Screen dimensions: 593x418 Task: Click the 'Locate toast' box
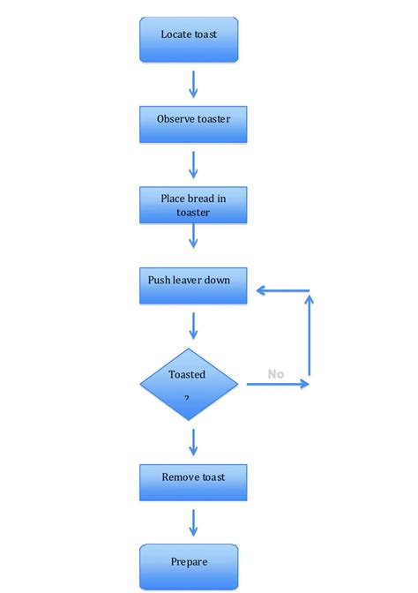pos(189,40)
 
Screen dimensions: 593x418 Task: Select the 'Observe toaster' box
pos(193,124)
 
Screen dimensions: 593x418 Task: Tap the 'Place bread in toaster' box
pos(193,205)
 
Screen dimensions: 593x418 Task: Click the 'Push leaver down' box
pos(193,286)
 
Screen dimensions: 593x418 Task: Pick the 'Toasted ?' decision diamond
pos(189,384)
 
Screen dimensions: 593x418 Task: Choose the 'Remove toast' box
pos(193,482)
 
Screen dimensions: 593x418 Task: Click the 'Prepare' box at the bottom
pos(189,566)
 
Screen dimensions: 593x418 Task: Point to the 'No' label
pos(276,374)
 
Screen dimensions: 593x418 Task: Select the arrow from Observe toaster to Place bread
pos(193,164)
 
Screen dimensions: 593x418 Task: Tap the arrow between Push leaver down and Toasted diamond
pos(193,326)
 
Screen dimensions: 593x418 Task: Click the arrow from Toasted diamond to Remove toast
pos(193,441)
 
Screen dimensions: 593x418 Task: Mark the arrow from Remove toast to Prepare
pos(193,522)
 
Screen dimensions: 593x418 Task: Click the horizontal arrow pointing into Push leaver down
pos(280,290)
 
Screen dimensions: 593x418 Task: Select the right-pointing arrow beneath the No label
pos(278,384)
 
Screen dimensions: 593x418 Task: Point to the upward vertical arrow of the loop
pos(310,340)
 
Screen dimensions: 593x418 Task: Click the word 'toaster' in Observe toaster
pos(213,119)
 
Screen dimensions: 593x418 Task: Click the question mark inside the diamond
pos(187,399)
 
